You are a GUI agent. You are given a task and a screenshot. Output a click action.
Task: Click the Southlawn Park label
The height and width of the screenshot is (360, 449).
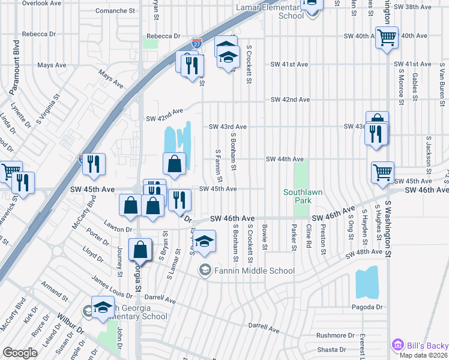point(303,196)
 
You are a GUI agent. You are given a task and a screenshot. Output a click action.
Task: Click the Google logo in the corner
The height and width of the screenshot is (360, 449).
point(20,352)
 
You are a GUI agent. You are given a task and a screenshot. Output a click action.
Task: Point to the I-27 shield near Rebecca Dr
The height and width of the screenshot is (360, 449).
point(196,43)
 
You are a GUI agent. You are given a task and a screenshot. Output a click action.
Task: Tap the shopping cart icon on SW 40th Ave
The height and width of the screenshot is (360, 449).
point(387,38)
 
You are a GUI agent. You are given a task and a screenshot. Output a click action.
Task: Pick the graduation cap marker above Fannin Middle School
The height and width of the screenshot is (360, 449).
point(205,242)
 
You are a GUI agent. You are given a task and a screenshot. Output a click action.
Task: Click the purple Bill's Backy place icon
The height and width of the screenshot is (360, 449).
point(397,345)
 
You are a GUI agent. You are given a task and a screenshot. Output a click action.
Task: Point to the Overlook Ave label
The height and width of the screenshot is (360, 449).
point(41,3)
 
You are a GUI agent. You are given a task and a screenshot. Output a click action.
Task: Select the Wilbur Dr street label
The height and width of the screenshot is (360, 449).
point(71,331)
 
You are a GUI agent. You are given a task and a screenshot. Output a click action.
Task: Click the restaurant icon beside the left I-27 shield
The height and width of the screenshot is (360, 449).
point(94,164)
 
